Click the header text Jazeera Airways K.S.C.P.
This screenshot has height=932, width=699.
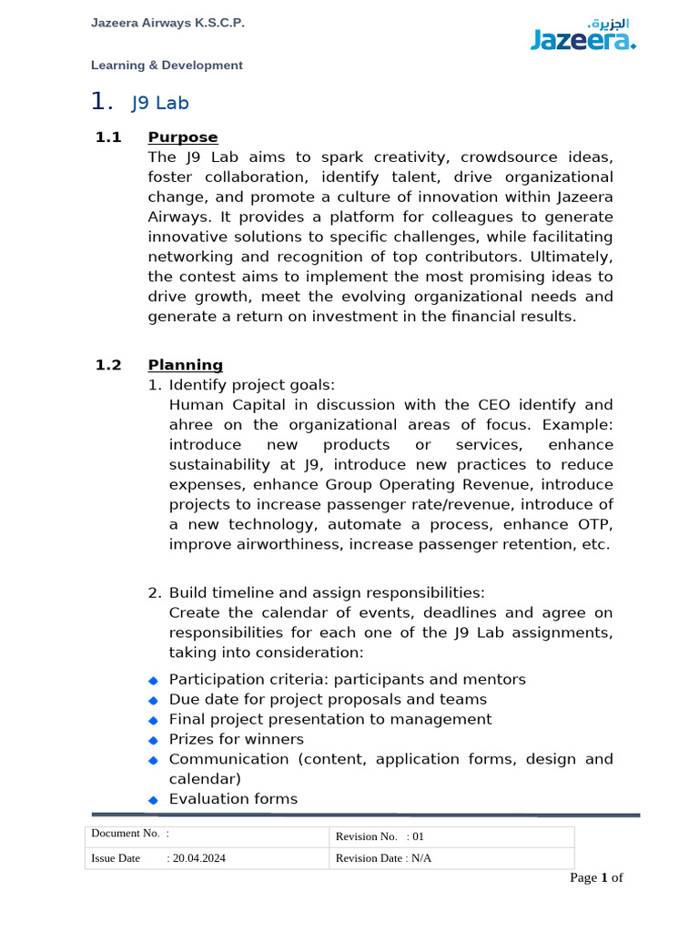(x=167, y=23)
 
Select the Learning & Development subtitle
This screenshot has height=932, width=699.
(x=167, y=66)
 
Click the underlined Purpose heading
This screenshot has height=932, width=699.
(x=183, y=137)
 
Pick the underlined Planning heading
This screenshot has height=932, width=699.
(x=186, y=365)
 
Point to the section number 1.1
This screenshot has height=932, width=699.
(x=108, y=137)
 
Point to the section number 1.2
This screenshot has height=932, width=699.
(x=108, y=365)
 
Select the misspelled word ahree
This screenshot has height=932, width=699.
(x=190, y=425)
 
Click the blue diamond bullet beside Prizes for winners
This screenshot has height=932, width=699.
(x=153, y=740)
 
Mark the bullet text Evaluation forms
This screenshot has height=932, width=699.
(x=233, y=799)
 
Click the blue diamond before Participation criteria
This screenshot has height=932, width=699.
(x=153, y=680)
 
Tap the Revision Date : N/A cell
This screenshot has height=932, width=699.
(x=383, y=858)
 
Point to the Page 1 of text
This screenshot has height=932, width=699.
(x=596, y=878)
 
